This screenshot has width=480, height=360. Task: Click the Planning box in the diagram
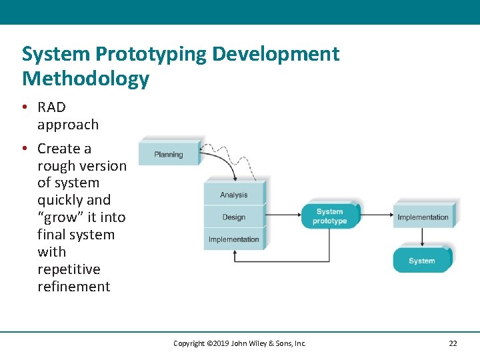[169, 154]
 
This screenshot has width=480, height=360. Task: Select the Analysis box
[233, 195]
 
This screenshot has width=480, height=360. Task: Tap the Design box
[233, 217]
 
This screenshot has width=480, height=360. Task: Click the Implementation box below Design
[233, 239]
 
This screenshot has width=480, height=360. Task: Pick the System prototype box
[329, 216]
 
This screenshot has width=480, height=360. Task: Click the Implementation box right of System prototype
[423, 217]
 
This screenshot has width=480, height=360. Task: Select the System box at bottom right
[421, 261]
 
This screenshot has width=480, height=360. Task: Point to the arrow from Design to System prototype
[283, 215]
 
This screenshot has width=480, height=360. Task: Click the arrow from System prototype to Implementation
[377, 215]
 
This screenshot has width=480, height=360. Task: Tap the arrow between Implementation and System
[422, 237]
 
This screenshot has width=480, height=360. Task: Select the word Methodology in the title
[85, 79]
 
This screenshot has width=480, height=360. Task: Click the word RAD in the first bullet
[51, 107]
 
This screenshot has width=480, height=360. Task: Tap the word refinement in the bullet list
[73, 287]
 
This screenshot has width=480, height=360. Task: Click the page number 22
[453, 343]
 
